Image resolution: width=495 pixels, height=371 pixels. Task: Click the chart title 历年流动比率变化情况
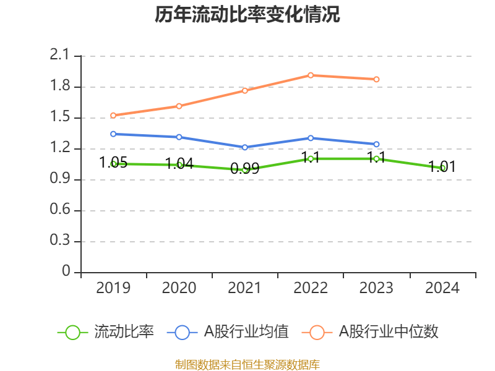pyautogui.click(x=247, y=15)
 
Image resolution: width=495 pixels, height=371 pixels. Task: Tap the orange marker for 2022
pyautogui.click(x=311, y=75)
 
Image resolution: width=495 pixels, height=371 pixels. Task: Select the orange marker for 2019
pyautogui.click(x=113, y=115)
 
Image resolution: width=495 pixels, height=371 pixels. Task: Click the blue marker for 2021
pyautogui.click(x=245, y=147)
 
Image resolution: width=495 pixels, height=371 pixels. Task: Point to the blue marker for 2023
pyautogui.click(x=376, y=144)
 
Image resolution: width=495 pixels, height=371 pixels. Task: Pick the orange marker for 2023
pyautogui.click(x=376, y=79)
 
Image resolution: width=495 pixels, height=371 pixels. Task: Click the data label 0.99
pyautogui.click(x=244, y=168)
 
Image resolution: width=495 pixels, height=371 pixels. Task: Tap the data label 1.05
pyautogui.click(x=113, y=163)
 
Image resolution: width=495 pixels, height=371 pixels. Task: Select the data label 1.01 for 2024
pyautogui.click(x=442, y=166)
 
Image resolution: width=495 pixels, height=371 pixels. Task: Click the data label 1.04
pyautogui.click(x=179, y=164)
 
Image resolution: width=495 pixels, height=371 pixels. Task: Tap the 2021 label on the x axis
pyautogui.click(x=244, y=288)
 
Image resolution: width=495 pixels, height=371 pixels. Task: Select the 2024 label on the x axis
pyautogui.click(x=442, y=288)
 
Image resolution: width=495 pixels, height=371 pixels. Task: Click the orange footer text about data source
pyautogui.click(x=247, y=364)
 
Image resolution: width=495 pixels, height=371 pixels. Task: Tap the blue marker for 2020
pyautogui.click(x=179, y=137)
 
